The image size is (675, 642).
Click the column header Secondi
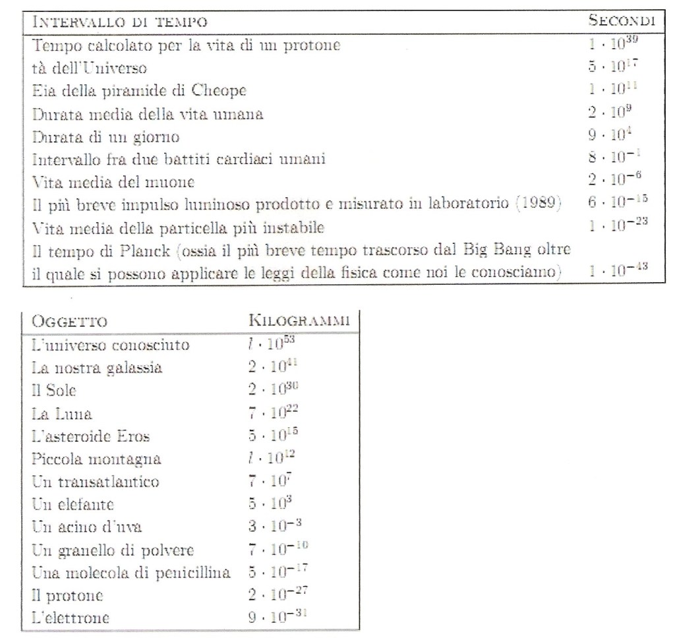pyautogui.click(x=622, y=20)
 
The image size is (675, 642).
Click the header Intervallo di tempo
pyautogui.click(x=121, y=22)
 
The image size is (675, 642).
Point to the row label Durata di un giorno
pyautogui.click(x=105, y=137)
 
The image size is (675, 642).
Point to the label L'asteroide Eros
pyautogui.click(x=91, y=436)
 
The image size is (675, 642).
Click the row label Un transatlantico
pyautogui.click(x=96, y=482)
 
